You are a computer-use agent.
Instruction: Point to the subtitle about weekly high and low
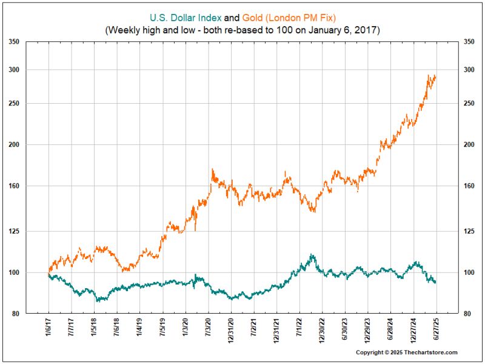(x=242, y=29)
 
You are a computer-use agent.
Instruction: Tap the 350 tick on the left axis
(x=15, y=42)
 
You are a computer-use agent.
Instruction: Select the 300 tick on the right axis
(x=469, y=70)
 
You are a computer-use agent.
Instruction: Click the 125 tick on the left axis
(x=15, y=231)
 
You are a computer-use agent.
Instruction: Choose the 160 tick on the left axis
(x=15, y=186)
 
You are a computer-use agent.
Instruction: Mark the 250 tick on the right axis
(x=469, y=103)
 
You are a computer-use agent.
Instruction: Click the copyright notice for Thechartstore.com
(x=406, y=352)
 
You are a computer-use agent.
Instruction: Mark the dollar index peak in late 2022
(x=312, y=255)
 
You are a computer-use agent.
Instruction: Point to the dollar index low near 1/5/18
(x=97, y=300)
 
